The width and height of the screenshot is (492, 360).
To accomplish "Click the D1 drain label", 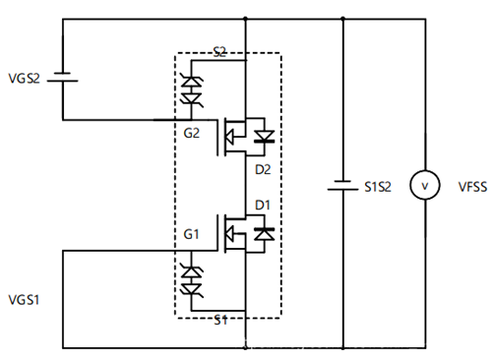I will pyautogui.click(x=262, y=205).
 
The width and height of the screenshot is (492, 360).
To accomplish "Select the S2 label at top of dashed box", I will pyautogui.click(x=219, y=50).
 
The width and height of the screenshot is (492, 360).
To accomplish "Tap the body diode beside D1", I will pyautogui.click(x=263, y=233).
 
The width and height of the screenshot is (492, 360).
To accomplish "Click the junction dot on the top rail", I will pyautogui.click(x=244, y=19).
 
